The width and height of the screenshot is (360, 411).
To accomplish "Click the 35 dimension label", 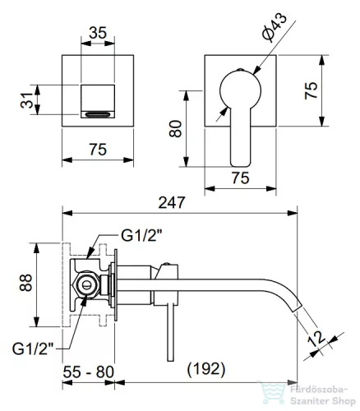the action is pyautogui.click(x=98, y=33).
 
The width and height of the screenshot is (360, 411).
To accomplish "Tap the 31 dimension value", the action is pyautogui.click(x=27, y=100).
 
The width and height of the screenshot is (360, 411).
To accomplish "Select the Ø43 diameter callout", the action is pyautogui.click(x=274, y=28).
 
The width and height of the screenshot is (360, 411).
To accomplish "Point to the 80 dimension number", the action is pyautogui.click(x=175, y=129).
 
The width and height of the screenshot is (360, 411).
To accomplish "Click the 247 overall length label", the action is pyautogui.click(x=172, y=203).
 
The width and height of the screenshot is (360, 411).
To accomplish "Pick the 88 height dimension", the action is pyautogui.click(x=26, y=283).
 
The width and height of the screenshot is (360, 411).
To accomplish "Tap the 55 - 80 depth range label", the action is pyautogui.click(x=88, y=372).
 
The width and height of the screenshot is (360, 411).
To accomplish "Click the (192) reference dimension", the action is pyautogui.click(x=206, y=369).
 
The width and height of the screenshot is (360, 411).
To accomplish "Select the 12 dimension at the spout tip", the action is pyautogui.click(x=316, y=339).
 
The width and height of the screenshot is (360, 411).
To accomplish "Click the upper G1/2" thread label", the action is pyautogui.click(x=141, y=235).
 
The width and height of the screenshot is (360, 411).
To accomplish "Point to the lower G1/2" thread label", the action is pyautogui.click(x=33, y=349).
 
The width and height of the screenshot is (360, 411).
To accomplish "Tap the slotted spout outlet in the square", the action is pyautogui.click(x=98, y=114).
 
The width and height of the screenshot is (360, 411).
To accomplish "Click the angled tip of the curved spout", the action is pyautogui.click(x=297, y=308).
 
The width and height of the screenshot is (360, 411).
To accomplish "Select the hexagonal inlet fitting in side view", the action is pyautogui.click(x=85, y=285).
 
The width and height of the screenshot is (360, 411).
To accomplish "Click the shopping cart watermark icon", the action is pyautogui.click(x=272, y=392).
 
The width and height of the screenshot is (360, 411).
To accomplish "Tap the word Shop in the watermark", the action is pyautogui.click(x=344, y=402).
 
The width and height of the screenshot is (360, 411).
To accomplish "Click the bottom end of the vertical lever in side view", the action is pyautogui.click(x=170, y=360).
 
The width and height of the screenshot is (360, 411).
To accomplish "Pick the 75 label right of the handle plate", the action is pyautogui.click(x=312, y=90).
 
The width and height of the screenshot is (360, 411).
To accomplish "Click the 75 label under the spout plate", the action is pyautogui.click(x=98, y=150).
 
